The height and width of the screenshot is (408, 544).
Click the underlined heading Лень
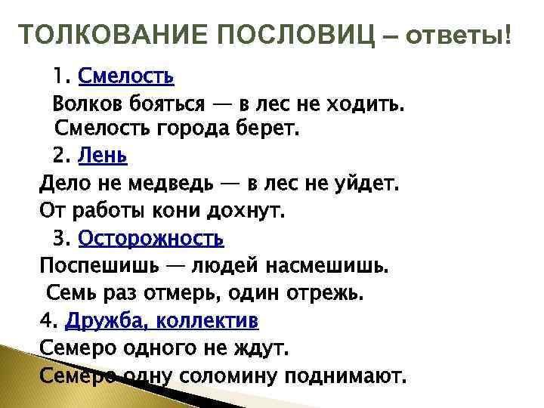pyautogui.click(x=103, y=156)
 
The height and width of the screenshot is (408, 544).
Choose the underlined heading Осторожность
pyautogui.click(x=151, y=239)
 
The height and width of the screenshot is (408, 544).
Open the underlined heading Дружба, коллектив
pyautogui.click(x=162, y=321)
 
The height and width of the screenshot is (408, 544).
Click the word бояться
pyautogui.click(x=174, y=102)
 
